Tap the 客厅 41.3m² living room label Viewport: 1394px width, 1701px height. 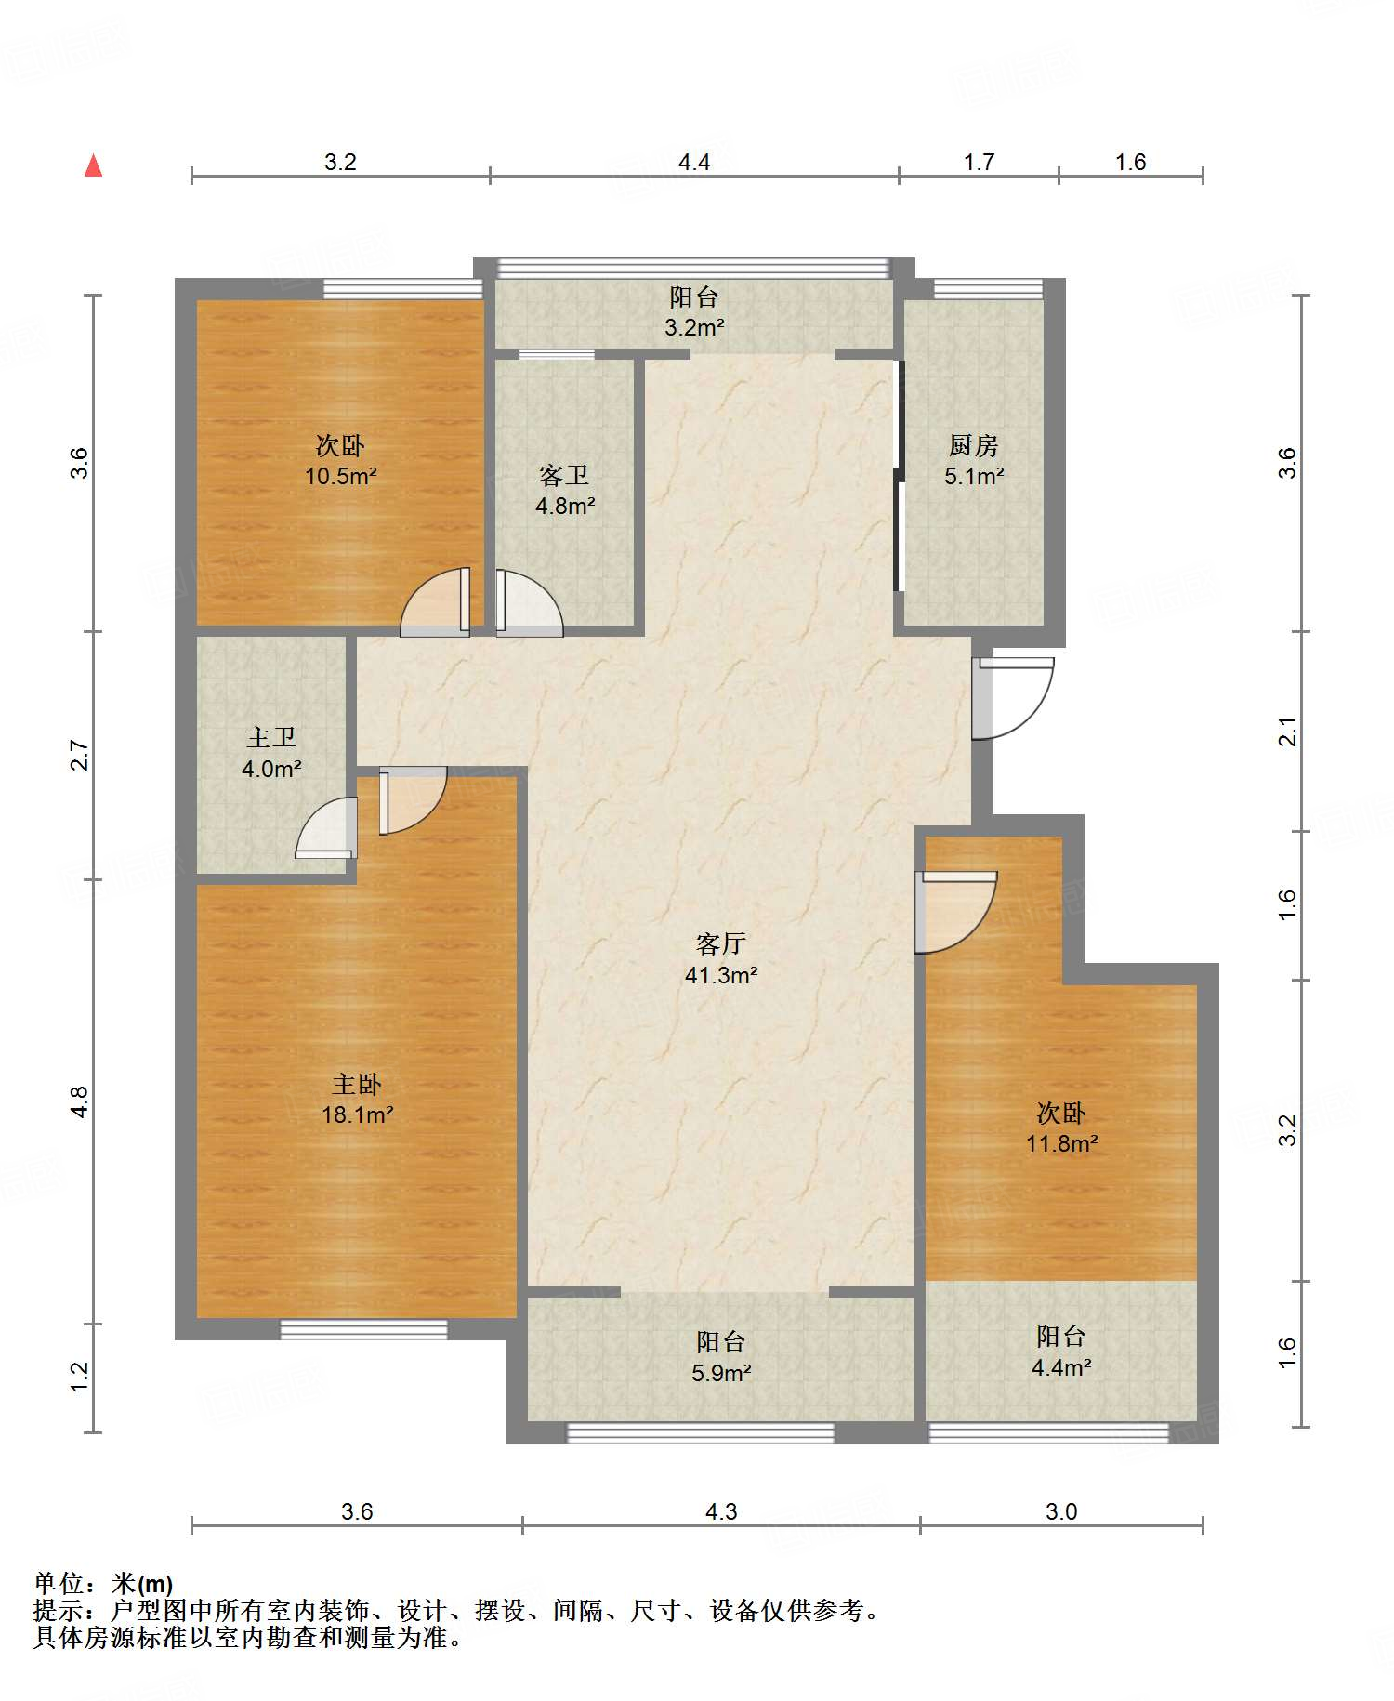[721, 959]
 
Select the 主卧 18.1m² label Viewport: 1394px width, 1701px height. [357, 1099]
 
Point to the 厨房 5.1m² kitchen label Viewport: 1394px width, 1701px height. [974, 460]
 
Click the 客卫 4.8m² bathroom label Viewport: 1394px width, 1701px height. [564, 490]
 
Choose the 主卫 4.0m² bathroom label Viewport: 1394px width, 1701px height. [271, 753]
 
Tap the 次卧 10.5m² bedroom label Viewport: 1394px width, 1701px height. [340, 460]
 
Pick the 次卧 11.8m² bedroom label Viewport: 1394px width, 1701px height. [1061, 1127]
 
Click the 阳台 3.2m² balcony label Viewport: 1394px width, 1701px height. [694, 311]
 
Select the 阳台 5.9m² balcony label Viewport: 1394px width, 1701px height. [721, 1356]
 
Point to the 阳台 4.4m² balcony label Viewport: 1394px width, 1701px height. [1061, 1351]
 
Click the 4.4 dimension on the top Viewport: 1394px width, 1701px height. [694, 163]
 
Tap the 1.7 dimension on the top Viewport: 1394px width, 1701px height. [979, 163]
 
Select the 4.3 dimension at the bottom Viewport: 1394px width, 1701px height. [721, 1512]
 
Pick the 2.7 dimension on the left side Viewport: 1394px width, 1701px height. [81, 755]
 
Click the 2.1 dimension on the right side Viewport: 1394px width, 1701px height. [1287, 732]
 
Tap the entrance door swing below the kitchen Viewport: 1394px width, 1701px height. [1013, 698]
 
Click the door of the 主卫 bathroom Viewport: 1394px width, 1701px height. [326, 828]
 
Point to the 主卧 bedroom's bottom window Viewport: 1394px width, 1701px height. [363, 1330]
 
